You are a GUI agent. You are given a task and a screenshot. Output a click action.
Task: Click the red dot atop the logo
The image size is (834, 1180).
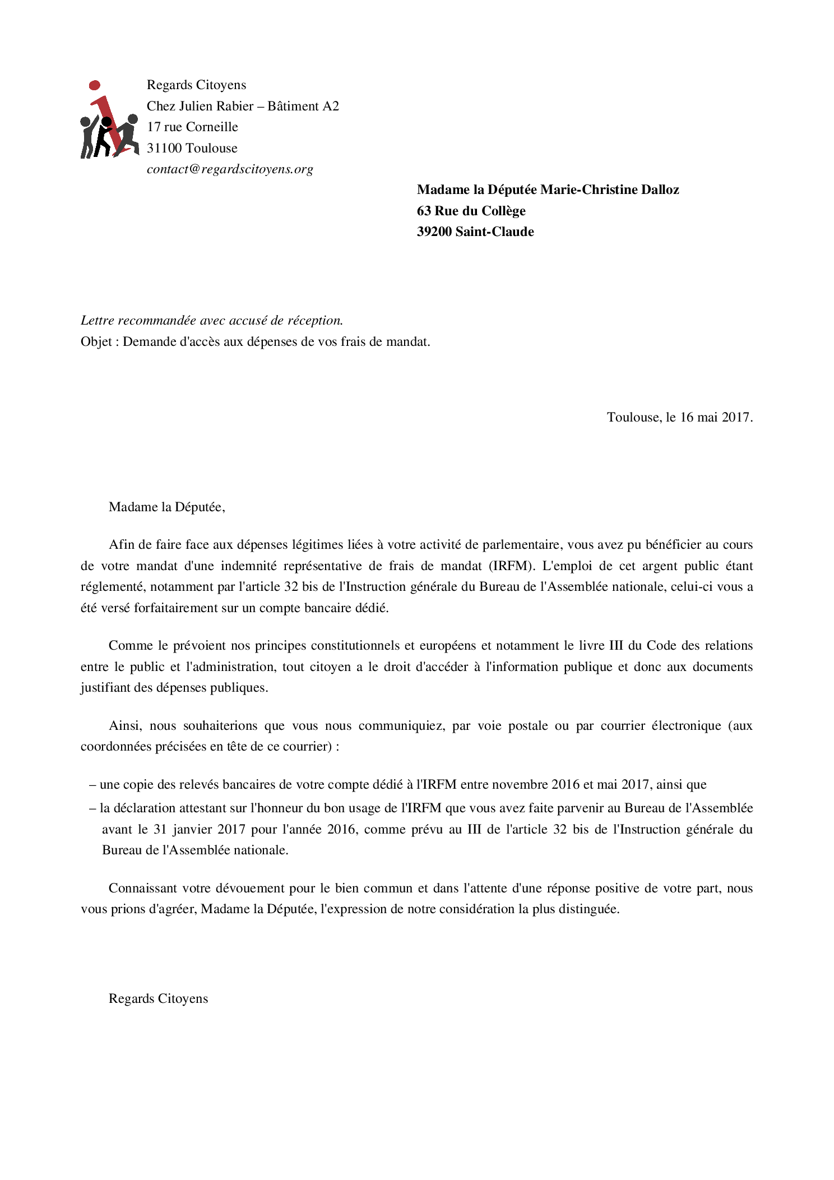pos(95,85)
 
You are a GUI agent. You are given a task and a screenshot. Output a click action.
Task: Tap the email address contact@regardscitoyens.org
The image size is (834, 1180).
pos(230,169)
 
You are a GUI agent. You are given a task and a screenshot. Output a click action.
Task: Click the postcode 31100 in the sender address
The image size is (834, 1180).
pos(164,148)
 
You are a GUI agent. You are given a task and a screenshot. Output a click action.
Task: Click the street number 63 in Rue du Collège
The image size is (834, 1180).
pos(424,211)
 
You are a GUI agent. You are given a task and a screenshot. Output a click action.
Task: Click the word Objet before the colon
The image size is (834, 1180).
pos(96,341)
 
